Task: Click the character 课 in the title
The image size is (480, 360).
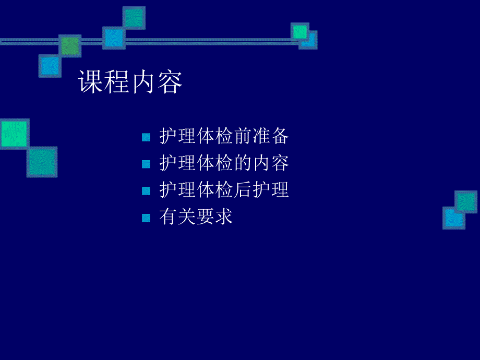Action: (91, 82)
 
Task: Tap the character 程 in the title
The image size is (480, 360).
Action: (117, 82)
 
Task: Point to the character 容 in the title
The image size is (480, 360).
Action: (170, 82)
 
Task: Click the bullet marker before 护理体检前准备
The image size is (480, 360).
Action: (146, 138)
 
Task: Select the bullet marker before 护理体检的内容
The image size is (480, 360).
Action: (146, 164)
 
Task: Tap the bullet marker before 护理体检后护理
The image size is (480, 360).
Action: (146, 191)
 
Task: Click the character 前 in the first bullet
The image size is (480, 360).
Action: (242, 137)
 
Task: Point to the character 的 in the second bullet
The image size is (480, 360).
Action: (242, 164)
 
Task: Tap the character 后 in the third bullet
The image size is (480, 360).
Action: (242, 190)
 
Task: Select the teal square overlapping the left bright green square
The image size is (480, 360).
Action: (42, 162)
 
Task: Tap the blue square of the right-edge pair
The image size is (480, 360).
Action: (453, 218)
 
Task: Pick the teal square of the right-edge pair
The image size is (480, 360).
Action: (466, 201)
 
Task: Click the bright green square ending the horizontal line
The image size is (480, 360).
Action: (300, 32)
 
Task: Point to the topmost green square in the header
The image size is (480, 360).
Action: (134, 18)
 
